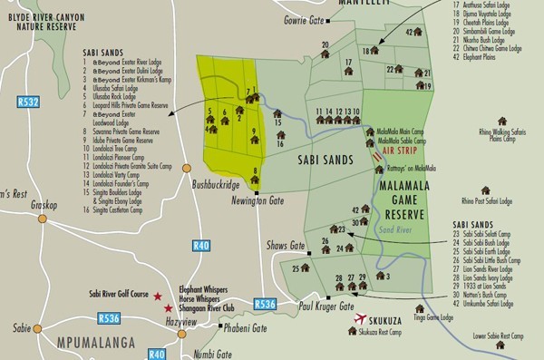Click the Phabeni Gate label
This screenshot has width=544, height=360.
click(x=245, y=327)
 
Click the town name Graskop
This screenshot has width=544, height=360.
click(x=45, y=205)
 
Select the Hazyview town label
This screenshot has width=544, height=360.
click(x=180, y=323)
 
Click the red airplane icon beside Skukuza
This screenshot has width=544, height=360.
click(x=364, y=319)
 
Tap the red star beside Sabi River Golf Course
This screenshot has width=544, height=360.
click(x=157, y=297)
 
